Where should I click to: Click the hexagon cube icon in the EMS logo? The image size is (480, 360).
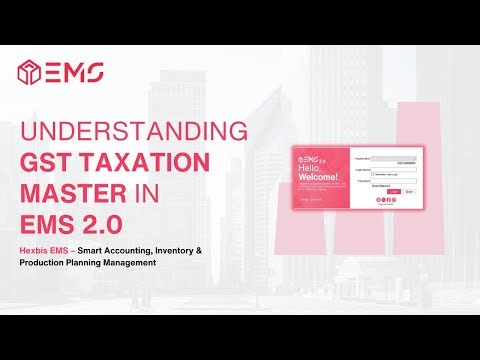tap(30, 73)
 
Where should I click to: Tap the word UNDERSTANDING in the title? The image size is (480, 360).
tap(133, 131)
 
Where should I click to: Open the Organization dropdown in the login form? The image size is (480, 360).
tap(397, 158)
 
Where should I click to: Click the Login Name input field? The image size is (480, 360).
tap(397, 169)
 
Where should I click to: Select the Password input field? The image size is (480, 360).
tap(397, 180)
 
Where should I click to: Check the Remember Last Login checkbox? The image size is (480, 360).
tap(373, 174)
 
